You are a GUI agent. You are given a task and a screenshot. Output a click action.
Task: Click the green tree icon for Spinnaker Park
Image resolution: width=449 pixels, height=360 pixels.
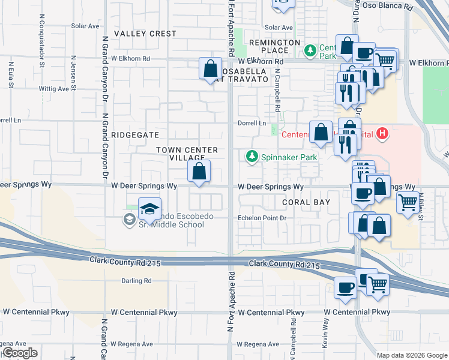click(252, 157)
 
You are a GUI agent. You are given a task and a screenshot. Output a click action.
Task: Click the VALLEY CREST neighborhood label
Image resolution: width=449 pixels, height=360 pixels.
click(145, 34)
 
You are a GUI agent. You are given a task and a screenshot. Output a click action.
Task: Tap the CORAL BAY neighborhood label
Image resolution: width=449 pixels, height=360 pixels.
click(306, 202)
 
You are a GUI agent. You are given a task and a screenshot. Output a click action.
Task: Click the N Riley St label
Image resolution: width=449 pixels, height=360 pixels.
click(421, 207)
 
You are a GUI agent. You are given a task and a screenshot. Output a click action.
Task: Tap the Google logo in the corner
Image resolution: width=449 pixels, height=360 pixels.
click(19, 353)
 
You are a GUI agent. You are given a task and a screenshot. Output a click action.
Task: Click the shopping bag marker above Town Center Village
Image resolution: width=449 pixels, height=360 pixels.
click(210, 68)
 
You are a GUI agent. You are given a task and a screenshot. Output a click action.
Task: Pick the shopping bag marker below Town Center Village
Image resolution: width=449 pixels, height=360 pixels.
click(199, 171)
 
